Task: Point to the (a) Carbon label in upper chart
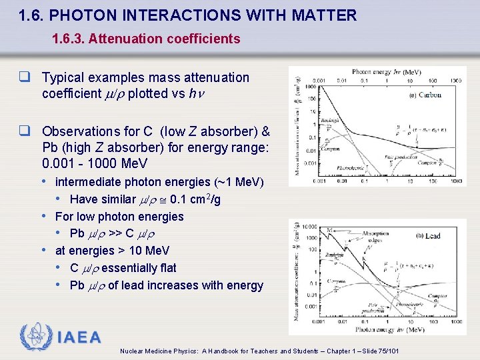(425, 95)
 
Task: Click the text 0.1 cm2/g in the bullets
(197, 199)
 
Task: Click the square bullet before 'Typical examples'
(33, 78)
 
